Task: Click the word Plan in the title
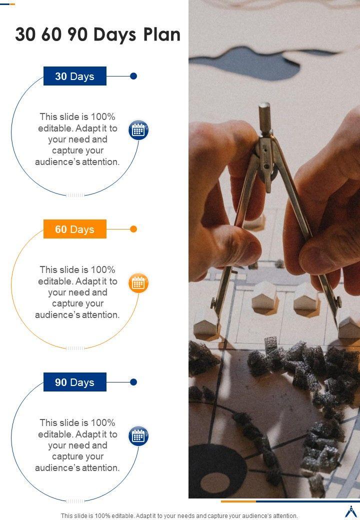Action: (x=161, y=34)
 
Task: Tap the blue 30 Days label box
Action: (x=75, y=76)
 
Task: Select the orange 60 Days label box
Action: (x=75, y=229)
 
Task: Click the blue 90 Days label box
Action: (x=75, y=382)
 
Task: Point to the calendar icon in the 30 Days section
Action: (x=138, y=130)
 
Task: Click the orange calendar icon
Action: (x=138, y=283)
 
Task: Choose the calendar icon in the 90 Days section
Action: (x=138, y=436)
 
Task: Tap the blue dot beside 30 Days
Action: (x=133, y=76)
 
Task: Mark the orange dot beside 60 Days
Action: (x=133, y=229)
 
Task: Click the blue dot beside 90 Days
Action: (x=133, y=382)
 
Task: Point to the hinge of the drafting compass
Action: (x=265, y=156)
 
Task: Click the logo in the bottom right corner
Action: (x=350, y=511)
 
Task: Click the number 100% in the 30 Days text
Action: (x=103, y=116)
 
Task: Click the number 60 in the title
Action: (x=51, y=34)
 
